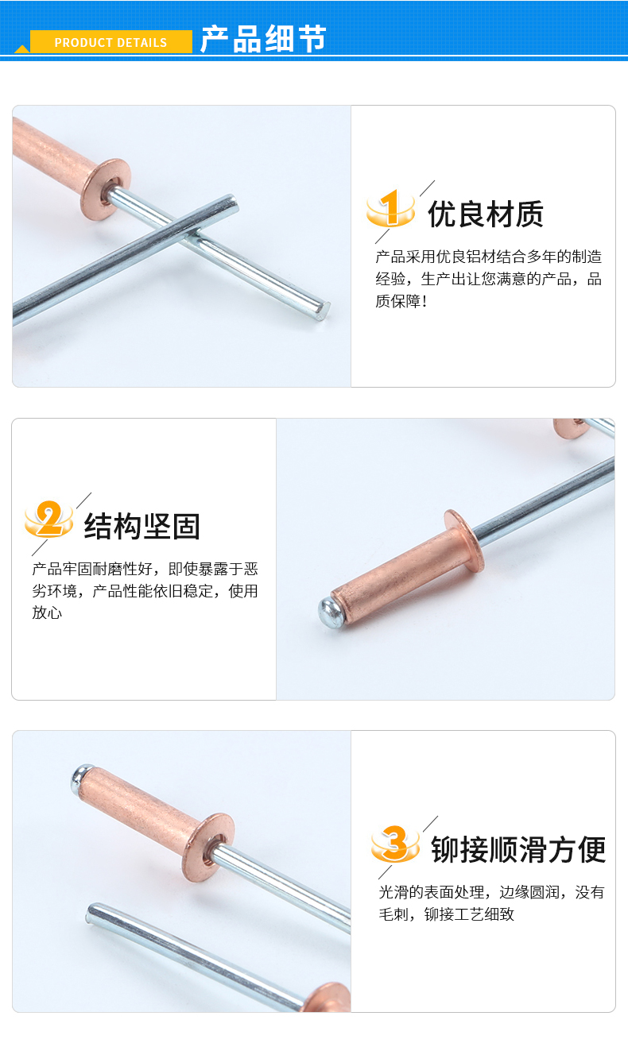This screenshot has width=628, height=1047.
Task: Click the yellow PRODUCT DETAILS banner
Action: pos(110,42)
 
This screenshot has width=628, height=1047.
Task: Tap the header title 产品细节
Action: pos(263,39)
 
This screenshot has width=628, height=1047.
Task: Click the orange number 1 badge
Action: pos(390,208)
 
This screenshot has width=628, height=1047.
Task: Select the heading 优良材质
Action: pos(486,214)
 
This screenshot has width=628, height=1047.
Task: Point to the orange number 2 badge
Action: pos(48,520)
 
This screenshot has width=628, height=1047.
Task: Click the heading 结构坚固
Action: pos(142,527)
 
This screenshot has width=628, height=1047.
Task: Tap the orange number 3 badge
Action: pos(395,844)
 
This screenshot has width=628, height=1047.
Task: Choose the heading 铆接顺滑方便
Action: pos(518,850)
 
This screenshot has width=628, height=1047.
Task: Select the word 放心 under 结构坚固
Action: pos(47,612)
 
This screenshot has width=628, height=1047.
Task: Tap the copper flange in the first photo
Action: pos(105,189)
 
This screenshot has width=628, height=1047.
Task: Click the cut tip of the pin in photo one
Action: pos(322,311)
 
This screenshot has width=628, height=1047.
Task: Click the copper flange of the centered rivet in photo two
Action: pos(464,540)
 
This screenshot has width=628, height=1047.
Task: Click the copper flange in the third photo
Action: pos(208,847)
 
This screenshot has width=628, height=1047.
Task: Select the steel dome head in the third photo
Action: pos(80,779)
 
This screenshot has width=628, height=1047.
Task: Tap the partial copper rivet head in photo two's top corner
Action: pos(570,427)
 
